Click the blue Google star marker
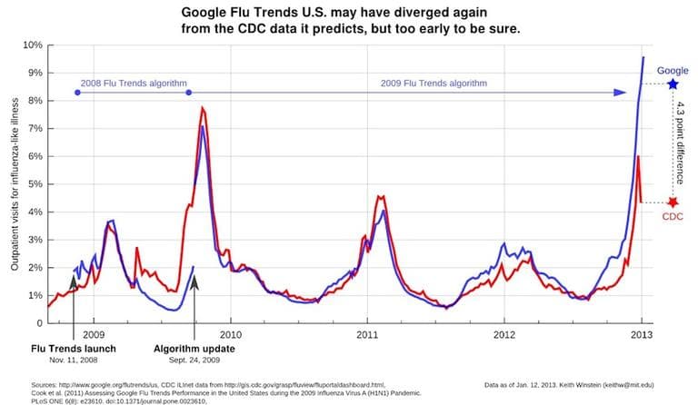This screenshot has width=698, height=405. (x=673, y=84)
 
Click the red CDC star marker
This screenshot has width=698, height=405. (x=673, y=202)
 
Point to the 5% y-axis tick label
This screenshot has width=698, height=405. (x=33, y=184)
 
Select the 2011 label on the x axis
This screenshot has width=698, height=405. (x=367, y=335)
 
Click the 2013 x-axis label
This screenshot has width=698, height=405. (x=643, y=335)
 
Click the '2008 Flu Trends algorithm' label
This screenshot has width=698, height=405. (x=132, y=83)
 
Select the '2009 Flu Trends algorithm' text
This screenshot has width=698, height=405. (x=434, y=83)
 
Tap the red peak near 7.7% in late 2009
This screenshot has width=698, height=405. (x=203, y=108)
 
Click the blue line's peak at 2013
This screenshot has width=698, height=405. (x=643, y=57)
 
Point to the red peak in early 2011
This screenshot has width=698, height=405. (x=380, y=195)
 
